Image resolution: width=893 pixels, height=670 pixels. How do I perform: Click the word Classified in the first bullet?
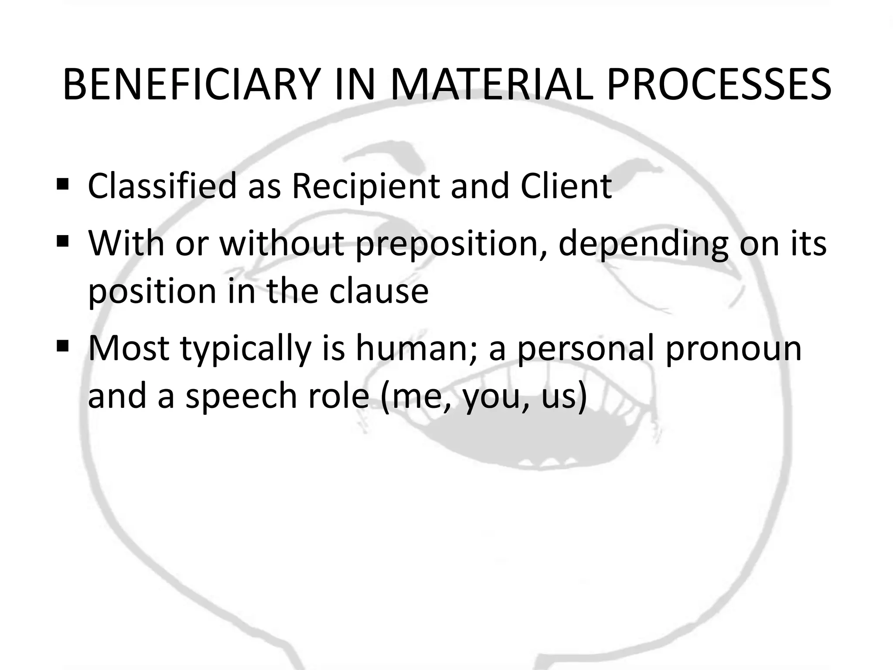(x=162, y=187)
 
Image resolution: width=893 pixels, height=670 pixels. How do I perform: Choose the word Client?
(x=566, y=187)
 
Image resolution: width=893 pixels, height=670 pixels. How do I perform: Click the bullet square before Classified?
(x=63, y=183)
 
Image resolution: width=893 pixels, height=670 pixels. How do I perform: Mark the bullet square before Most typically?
(x=63, y=346)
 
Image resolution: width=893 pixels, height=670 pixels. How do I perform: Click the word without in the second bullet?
(x=282, y=243)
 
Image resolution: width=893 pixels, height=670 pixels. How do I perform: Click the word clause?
(x=379, y=291)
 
